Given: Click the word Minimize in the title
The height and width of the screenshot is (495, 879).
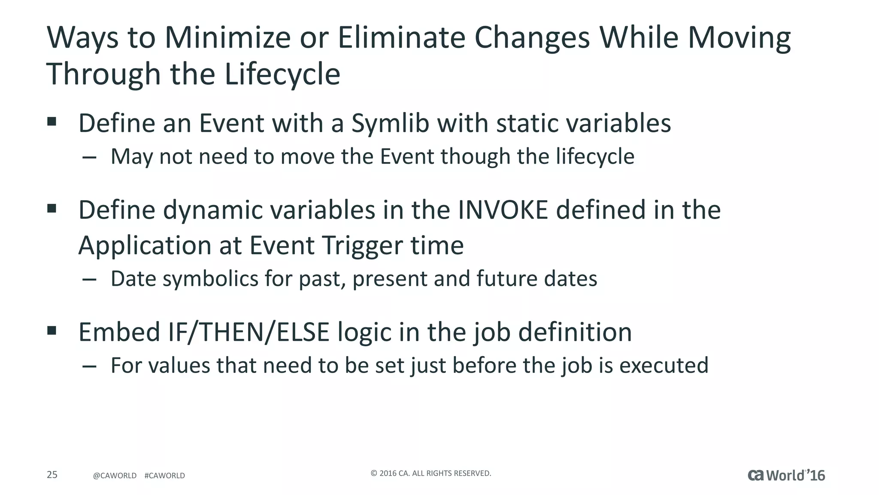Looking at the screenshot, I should point(228,38).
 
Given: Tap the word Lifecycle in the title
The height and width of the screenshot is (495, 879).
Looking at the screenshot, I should point(282,74).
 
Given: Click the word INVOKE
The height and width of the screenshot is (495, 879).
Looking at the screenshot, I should point(503,210).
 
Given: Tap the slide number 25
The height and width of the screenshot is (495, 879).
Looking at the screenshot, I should point(52,475).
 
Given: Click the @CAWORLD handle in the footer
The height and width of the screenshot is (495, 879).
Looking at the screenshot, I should point(115,476).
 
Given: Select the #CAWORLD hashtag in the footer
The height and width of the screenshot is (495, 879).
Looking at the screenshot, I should point(165,476).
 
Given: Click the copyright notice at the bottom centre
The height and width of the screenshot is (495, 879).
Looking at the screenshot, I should point(430,474).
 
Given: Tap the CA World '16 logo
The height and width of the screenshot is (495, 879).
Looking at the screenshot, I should point(786,475).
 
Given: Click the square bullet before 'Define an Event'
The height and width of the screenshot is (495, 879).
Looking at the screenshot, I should point(52,122).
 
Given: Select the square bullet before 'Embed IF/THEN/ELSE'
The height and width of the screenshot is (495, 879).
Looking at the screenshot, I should point(52,330).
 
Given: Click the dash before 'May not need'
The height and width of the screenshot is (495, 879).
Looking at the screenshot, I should point(89,158).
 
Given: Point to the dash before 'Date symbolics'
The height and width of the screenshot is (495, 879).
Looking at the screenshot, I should point(89,280).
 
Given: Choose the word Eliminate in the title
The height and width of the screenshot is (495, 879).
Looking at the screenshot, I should point(401,38).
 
